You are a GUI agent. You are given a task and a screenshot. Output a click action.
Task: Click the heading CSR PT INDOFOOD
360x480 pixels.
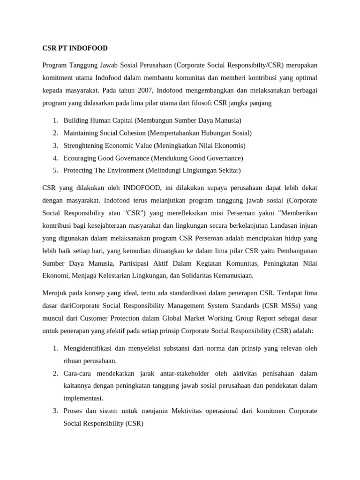point(75,48)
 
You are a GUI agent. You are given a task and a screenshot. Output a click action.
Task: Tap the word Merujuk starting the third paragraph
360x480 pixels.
point(55,293)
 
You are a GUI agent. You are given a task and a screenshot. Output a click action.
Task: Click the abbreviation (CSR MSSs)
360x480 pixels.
point(276,306)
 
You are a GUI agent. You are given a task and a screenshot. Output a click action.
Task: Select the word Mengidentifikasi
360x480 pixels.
point(92,348)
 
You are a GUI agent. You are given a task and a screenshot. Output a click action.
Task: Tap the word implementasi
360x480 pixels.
point(83,398)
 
